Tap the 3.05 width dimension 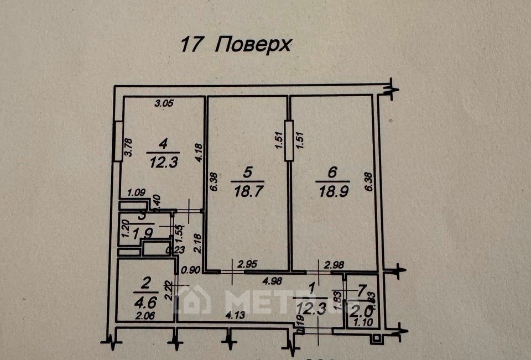pos(164,103)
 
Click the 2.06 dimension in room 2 pos(144,316)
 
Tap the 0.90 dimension pos(191,270)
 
